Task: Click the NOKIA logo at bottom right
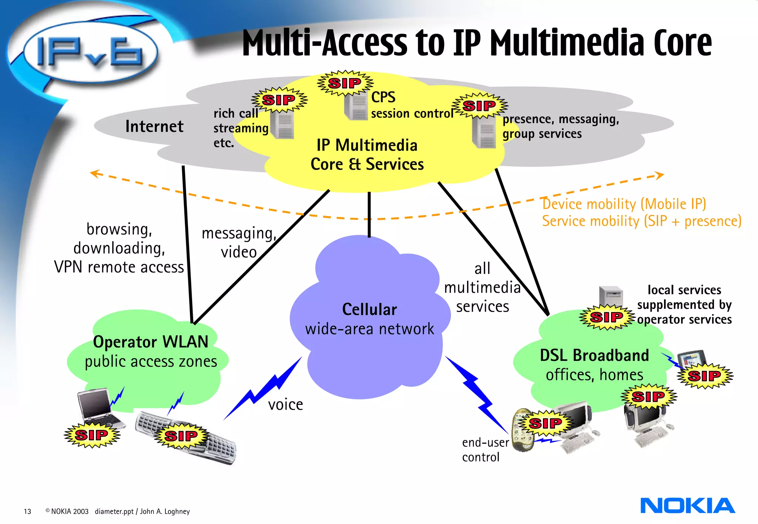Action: pyautogui.click(x=687, y=505)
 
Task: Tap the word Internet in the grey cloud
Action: pyautogui.click(x=154, y=126)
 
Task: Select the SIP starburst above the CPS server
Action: pyautogui.click(x=345, y=83)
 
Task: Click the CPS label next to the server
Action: pyautogui.click(x=383, y=97)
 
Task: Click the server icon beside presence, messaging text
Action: pyautogui.click(x=484, y=132)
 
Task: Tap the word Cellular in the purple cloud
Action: pyautogui.click(x=369, y=309)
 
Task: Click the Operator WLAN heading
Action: pyautogui.click(x=151, y=342)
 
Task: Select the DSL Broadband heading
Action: pyautogui.click(x=594, y=355)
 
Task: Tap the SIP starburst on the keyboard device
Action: pyautogui.click(x=181, y=436)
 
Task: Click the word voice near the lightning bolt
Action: pyautogui.click(x=285, y=404)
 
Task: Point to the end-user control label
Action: pyautogui.click(x=485, y=450)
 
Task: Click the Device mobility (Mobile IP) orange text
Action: pyautogui.click(x=624, y=204)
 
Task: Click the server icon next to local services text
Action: pyautogui.click(x=611, y=296)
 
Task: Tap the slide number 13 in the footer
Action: pyautogui.click(x=27, y=511)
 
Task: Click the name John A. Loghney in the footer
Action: pyautogui.click(x=165, y=511)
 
